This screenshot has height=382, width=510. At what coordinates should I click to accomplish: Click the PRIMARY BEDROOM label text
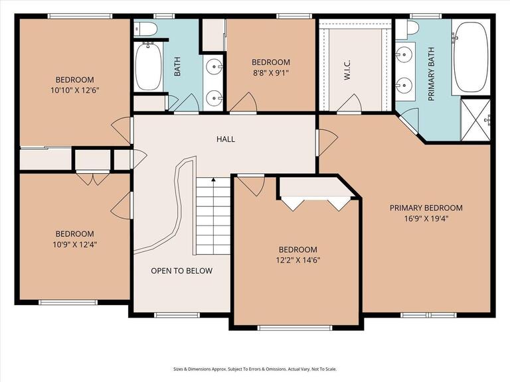click(426, 208)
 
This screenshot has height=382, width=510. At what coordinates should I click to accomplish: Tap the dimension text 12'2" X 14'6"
click(297, 260)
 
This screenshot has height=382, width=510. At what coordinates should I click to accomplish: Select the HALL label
click(226, 139)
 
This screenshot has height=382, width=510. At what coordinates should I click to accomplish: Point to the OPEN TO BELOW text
click(181, 271)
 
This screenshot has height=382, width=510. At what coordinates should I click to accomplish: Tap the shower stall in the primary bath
click(475, 119)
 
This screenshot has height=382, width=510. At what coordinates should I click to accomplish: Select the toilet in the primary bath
click(412, 29)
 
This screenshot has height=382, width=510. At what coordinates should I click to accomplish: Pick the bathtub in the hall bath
click(149, 67)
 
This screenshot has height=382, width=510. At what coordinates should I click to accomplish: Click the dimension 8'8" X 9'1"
click(271, 73)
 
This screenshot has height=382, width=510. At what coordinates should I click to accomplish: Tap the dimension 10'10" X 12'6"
click(74, 90)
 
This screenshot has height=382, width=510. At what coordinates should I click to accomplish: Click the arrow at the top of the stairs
click(212, 180)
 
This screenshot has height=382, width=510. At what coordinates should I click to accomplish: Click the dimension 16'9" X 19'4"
click(426, 218)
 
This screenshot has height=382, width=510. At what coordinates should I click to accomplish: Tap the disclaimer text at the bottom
click(254, 369)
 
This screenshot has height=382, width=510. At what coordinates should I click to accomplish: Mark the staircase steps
click(212, 219)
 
